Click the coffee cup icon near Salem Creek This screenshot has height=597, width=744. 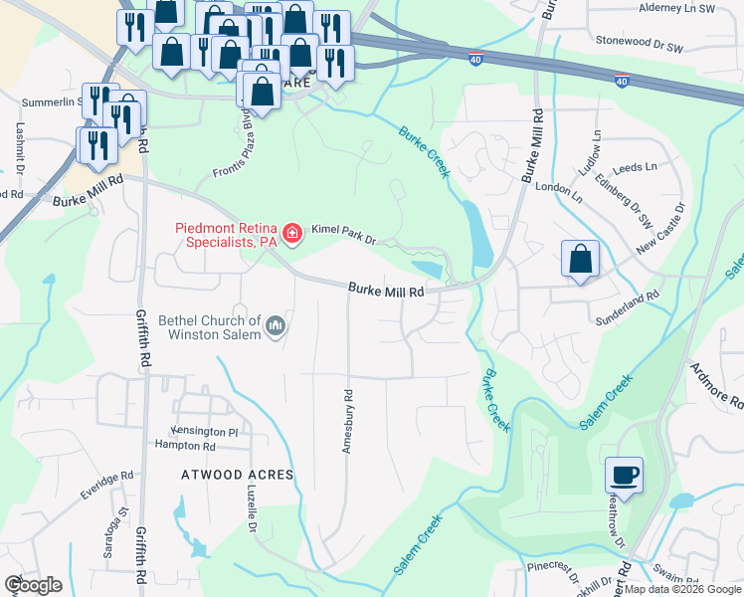[625, 474]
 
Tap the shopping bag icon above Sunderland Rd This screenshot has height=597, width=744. [581, 260]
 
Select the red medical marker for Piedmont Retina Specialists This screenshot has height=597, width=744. [291, 235]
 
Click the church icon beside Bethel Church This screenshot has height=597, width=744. [276, 325]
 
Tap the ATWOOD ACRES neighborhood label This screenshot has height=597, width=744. [238, 475]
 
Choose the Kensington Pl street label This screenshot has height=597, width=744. [205, 432]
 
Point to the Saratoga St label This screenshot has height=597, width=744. [124, 526]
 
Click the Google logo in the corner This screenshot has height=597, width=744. [33, 584]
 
